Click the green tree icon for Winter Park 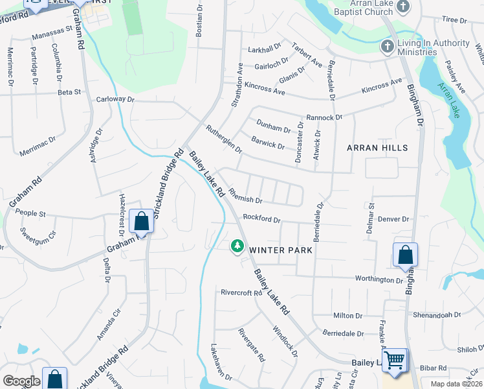click(x=237, y=246)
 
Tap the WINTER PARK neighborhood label click(x=281, y=250)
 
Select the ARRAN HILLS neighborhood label click(x=377, y=148)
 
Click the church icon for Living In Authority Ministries click(x=387, y=47)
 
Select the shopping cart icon click(x=395, y=359)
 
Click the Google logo click(x=21, y=381)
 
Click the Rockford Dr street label click(x=261, y=219)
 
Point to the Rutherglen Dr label click(x=223, y=139)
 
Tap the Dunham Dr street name click(x=273, y=126)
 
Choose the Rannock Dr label click(x=324, y=117)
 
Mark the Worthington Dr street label click(x=379, y=279)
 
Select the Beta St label click(x=69, y=92)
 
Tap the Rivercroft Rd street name click(x=240, y=292)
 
